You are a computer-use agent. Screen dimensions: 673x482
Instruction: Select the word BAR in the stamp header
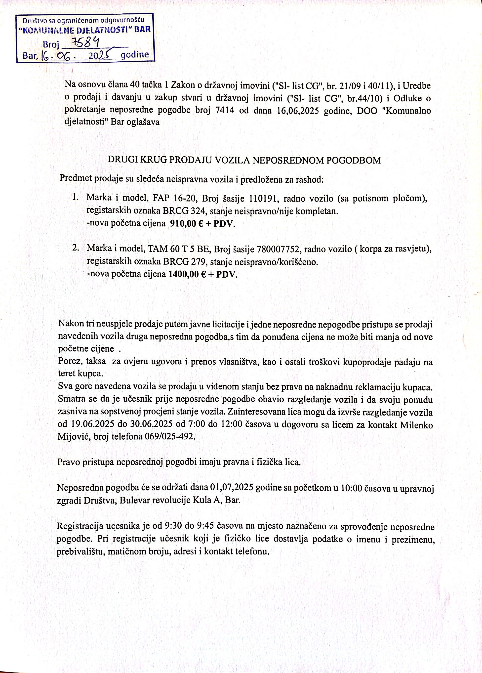click(143, 30)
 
